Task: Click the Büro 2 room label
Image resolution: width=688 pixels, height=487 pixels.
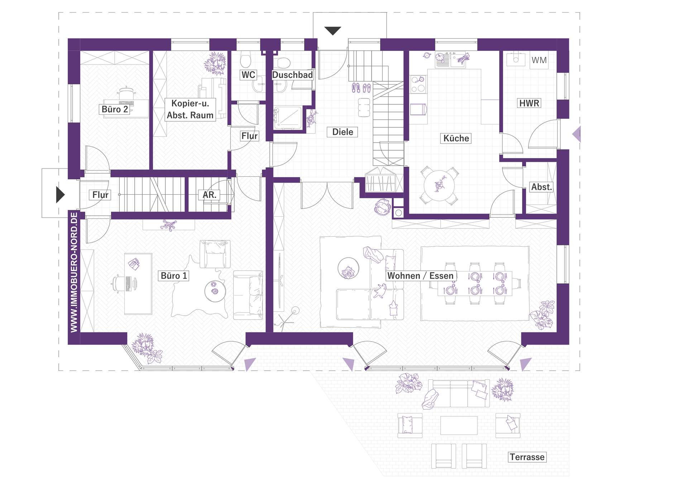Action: pyautogui.click(x=115, y=109)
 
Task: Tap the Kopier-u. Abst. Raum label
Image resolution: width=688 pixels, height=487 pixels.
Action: pyautogui.click(x=190, y=109)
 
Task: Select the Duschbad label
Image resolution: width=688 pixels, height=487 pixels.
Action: pyautogui.click(x=292, y=75)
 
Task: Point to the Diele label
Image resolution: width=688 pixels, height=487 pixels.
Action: pyautogui.click(x=343, y=132)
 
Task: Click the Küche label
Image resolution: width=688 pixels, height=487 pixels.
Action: pyautogui.click(x=456, y=138)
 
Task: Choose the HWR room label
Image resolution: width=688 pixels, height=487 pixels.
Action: pyautogui.click(x=529, y=103)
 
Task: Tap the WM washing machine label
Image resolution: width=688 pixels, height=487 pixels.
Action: pyautogui.click(x=539, y=60)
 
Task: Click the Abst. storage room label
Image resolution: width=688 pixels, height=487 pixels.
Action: pyautogui.click(x=541, y=187)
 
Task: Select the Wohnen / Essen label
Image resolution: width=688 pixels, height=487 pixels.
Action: pyautogui.click(x=421, y=276)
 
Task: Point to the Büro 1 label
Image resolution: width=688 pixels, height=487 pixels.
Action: pyautogui.click(x=174, y=276)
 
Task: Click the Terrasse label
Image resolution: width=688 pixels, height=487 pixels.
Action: pyautogui.click(x=527, y=457)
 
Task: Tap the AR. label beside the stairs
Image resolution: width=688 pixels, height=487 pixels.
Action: pyautogui.click(x=209, y=195)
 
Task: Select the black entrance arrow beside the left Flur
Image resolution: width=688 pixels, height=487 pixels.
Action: pyautogui.click(x=61, y=195)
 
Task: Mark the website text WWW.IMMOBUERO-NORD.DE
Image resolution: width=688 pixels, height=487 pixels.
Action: pyautogui.click(x=74, y=273)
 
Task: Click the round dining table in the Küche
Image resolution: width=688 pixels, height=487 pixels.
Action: pyautogui.click(x=439, y=186)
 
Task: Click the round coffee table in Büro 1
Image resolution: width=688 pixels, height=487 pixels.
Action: pyautogui.click(x=215, y=291)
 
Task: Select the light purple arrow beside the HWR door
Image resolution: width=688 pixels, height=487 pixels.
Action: pyautogui.click(x=576, y=134)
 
